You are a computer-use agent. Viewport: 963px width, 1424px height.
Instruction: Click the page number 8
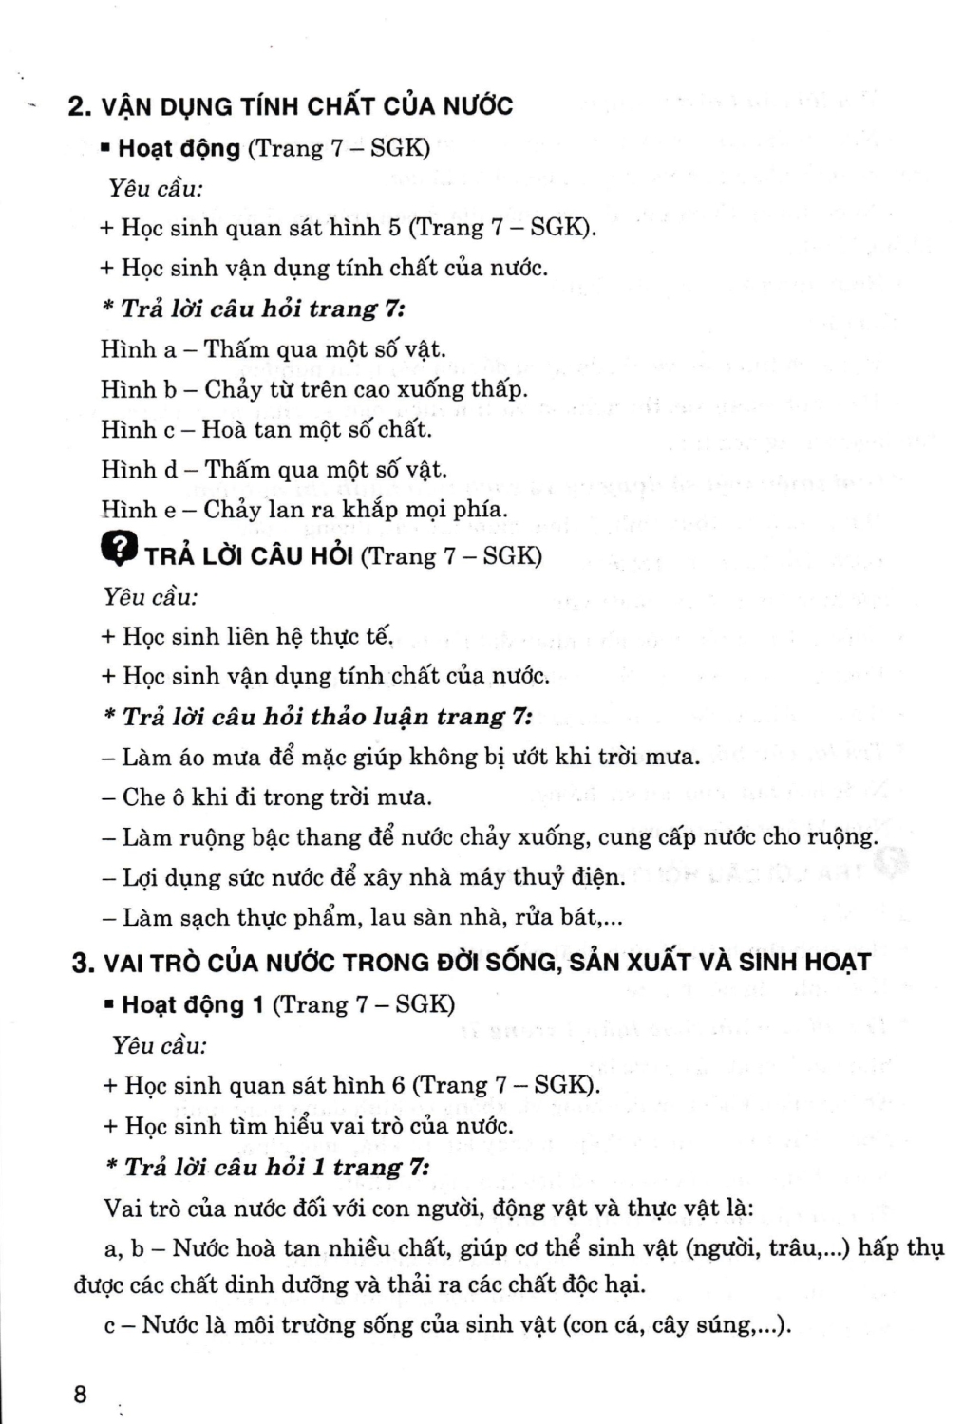[x=80, y=1395]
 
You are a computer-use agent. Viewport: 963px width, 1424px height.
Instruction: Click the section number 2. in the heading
[x=79, y=106]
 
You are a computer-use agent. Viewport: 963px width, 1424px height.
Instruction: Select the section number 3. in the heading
[x=84, y=963]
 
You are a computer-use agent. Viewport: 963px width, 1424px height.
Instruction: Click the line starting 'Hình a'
[x=273, y=349]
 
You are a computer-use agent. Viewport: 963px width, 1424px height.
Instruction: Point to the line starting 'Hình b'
[x=313, y=389]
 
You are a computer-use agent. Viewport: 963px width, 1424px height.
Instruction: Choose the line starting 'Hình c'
[x=266, y=429]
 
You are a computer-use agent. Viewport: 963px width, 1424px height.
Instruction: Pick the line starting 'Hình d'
[x=274, y=469]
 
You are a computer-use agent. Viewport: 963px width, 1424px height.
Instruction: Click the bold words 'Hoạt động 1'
[x=193, y=1004]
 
